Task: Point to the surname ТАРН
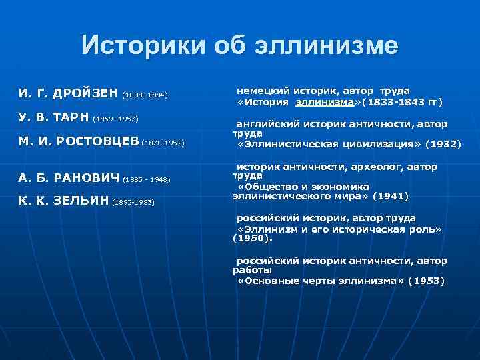pos(72,117)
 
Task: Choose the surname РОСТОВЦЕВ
pos(98,141)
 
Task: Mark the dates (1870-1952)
pos(163,143)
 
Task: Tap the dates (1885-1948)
pos(147,179)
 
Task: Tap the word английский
pos(265,124)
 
